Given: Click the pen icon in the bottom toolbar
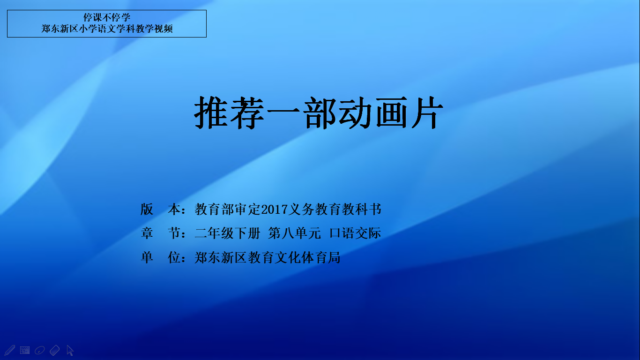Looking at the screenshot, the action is pyautogui.click(x=10, y=350).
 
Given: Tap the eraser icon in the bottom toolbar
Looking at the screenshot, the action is pyautogui.click(x=54, y=350).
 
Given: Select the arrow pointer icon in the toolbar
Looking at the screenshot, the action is pyautogui.click(x=70, y=350).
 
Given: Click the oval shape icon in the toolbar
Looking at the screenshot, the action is pyautogui.click(x=40, y=350).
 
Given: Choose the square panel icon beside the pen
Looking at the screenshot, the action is pyautogui.click(x=25, y=350).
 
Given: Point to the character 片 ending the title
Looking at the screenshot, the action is pyautogui.click(x=427, y=112).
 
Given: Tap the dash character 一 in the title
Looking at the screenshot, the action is pyautogui.click(x=283, y=111).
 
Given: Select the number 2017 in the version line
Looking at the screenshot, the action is pyautogui.click(x=274, y=210).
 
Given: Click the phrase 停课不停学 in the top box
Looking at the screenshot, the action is pyautogui.click(x=107, y=17).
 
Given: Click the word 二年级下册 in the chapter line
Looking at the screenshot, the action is pyautogui.click(x=227, y=233).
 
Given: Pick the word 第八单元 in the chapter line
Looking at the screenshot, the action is pyautogui.click(x=295, y=233).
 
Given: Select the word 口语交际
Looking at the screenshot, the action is pyautogui.click(x=355, y=233).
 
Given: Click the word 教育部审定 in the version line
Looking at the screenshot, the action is pyautogui.click(x=228, y=210).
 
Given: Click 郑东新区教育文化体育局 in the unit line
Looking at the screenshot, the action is pyautogui.click(x=268, y=257).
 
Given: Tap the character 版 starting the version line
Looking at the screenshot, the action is pyautogui.click(x=147, y=210).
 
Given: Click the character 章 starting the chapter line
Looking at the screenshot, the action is pyautogui.click(x=147, y=233).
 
